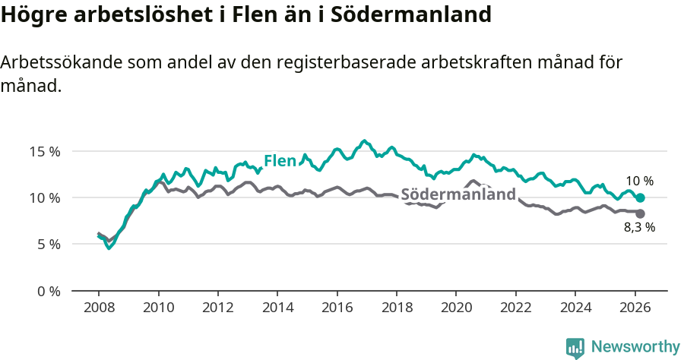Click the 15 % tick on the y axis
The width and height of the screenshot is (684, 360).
click(x=44, y=151)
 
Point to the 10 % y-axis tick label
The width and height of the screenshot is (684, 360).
click(x=44, y=198)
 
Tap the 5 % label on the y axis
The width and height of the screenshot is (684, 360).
click(x=48, y=245)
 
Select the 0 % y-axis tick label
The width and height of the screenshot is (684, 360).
click(x=48, y=292)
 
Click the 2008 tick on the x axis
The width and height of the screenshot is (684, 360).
click(x=99, y=308)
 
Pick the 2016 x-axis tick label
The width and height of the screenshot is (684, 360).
click(x=337, y=308)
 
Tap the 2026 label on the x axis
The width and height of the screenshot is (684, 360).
click(x=634, y=308)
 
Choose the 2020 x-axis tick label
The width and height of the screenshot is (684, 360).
click(x=455, y=308)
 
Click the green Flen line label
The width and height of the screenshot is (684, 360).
click(x=280, y=161)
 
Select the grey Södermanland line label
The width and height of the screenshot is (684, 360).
click(x=458, y=194)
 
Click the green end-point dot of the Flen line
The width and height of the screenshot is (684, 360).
click(x=641, y=197)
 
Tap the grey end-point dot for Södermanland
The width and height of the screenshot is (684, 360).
click(x=641, y=213)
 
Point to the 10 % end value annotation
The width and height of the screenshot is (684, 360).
click(x=639, y=182)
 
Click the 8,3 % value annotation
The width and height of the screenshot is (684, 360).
click(x=639, y=227)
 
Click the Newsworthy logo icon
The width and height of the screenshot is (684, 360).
click(x=575, y=348)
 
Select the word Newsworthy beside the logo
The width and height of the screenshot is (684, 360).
click(x=635, y=347)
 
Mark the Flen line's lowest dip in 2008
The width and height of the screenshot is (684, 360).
click(x=109, y=247)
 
